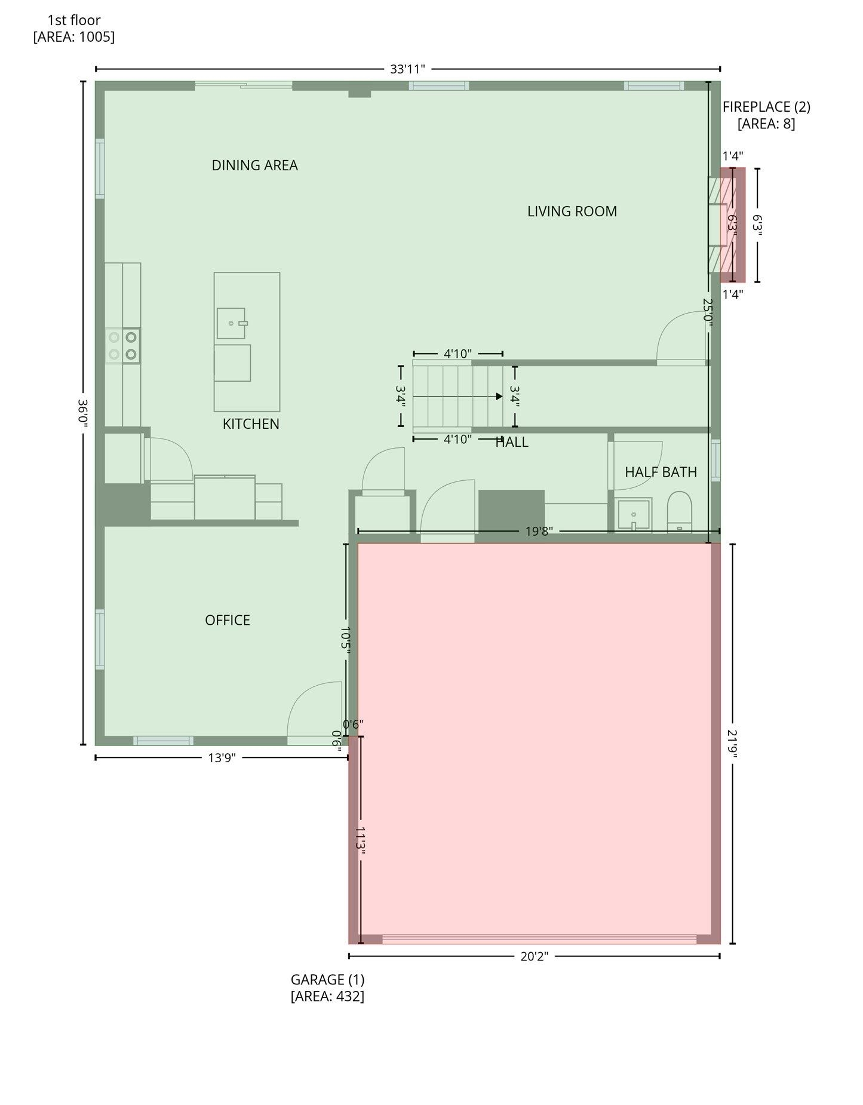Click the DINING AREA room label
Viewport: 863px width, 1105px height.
pyautogui.click(x=254, y=165)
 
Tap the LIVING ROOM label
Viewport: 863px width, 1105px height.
pyautogui.click(x=572, y=211)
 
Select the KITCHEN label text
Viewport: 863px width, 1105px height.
pyautogui.click(x=251, y=424)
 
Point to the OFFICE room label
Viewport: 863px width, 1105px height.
pyautogui.click(x=228, y=621)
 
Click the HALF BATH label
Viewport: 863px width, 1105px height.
pyautogui.click(x=661, y=472)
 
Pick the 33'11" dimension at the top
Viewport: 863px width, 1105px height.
pyautogui.click(x=408, y=69)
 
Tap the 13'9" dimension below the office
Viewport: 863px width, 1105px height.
pyautogui.click(x=222, y=758)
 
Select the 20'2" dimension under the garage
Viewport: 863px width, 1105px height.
pyautogui.click(x=535, y=956)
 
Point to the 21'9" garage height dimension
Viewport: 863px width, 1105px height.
pyautogui.click(x=733, y=744)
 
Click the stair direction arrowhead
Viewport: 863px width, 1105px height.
pyautogui.click(x=499, y=397)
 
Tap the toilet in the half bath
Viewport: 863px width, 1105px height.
pyautogui.click(x=679, y=512)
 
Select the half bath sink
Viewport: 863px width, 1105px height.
pyautogui.click(x=634, y=514)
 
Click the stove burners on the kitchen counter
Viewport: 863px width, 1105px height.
pyautogui.click(x=123, y=346)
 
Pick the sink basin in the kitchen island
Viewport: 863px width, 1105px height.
pyautogui.click(x=231, y=323)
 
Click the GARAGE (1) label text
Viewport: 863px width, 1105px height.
pyautogui.click(x=327, y=980)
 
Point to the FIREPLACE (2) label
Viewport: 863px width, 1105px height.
pyautogui.click(x=766, y=107)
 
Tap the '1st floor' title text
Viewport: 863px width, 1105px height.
pyautogui.click(x=74, y=20)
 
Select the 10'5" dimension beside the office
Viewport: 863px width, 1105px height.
pyautogui.click(x=345, y=640)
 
